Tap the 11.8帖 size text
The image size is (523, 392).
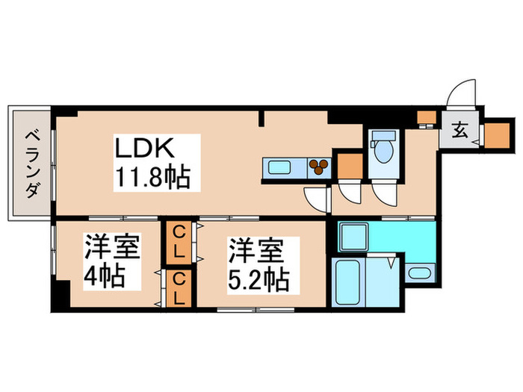pos(152,178)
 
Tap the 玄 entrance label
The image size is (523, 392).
pos(458,133)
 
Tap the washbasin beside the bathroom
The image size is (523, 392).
pos(420,273)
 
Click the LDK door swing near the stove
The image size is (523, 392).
pos(318,199)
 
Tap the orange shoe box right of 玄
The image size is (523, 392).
pos(495,134)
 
